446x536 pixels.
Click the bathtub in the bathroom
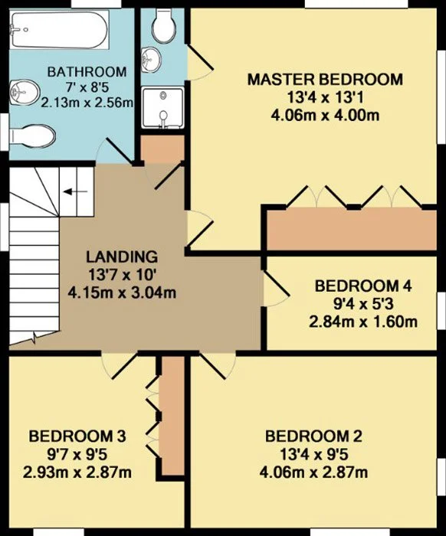pos(59,30)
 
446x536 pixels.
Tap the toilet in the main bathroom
pos(32,136)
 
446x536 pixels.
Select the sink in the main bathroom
pos(24,93)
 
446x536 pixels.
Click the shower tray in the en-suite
pos(163,108)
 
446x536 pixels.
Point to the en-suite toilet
pos(164,25)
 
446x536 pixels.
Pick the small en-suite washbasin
pos(150,60)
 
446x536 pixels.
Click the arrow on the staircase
pos(76,191)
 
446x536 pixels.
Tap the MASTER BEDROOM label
pos(325,80)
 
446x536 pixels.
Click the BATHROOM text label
pos(87,72)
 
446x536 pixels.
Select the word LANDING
pos(122,257)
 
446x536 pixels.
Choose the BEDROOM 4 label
pos(363,286)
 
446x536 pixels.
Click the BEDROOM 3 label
pos(77,436)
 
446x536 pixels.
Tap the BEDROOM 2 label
pos(313,436)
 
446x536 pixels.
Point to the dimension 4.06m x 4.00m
pos(325,115)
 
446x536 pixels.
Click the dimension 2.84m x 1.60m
pos(363,322)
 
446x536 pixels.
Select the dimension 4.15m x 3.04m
pos(122,293)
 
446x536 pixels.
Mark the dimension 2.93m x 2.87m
pos(77,472)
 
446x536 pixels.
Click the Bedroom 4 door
pos(277,289)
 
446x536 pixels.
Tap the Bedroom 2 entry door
pos(218,366)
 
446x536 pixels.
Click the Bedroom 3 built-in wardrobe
pos(172,416)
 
